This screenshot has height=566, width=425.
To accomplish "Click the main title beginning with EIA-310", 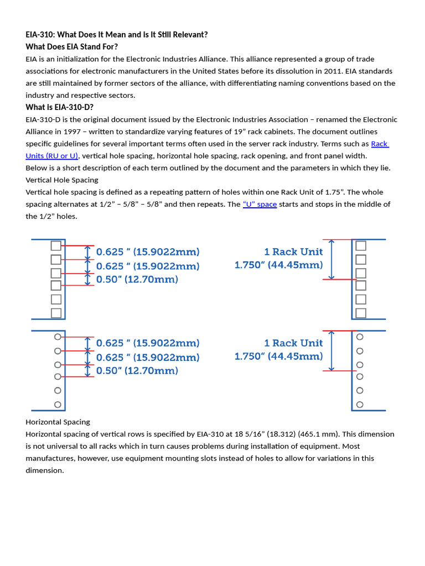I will [x=117, y=34].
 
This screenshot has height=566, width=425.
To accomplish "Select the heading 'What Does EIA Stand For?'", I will [x=71, y=46].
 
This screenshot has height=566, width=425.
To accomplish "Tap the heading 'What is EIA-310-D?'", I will [x=60, y=107].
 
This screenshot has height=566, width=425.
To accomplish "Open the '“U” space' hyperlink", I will [x=260, y=204].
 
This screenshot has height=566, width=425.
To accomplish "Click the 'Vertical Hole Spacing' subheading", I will [x=62, y=180].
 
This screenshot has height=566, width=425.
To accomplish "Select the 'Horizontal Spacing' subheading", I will [x=58, y=422].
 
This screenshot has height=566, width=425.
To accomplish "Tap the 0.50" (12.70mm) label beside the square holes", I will [x=137, y=280].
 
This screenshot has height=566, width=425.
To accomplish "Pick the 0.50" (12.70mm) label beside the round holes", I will [x=137, y=370].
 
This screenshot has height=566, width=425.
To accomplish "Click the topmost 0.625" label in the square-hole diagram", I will [x=148, y=252].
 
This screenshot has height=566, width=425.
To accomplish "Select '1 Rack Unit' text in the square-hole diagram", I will [x=293, y=252].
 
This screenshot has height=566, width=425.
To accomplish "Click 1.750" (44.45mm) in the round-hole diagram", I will [x=278, y=357].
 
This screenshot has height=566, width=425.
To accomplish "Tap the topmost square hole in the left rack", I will [x=56, y=246].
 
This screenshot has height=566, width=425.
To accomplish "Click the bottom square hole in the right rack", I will [x=361, y=313].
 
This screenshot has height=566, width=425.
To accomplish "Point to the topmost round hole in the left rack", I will [x=58, y=337].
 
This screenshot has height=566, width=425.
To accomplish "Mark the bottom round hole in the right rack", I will [x=360, y=405].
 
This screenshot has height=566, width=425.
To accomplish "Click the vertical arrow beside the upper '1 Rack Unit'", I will [x=331, y=260].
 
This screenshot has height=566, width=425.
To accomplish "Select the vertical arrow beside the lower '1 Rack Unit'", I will [x=331, y=351].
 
